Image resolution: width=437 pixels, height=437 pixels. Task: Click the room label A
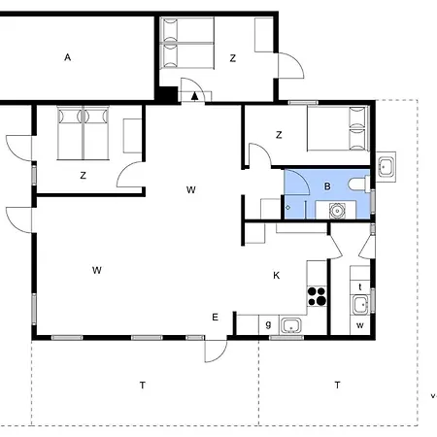tap(67, 57)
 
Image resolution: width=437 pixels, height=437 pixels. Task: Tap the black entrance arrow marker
tap(194, 96)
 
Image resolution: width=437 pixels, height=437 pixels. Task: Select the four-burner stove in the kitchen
tap(317, 296)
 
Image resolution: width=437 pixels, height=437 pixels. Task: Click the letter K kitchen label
tap(277, 276)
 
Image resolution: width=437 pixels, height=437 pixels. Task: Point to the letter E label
tap(215, 318)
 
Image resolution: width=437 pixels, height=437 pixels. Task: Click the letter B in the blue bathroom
tap(327, 186)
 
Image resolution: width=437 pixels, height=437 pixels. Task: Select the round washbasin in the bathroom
tap(337, 211)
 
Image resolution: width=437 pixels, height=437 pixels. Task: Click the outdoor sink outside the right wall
tap(386, 167)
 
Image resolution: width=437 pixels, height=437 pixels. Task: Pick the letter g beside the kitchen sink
tap(268, 324)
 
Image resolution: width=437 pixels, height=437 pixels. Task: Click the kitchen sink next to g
tap(291, 325)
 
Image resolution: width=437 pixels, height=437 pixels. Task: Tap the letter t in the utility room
tap(360, 286)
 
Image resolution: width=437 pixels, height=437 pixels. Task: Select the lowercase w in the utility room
tap(360, 325)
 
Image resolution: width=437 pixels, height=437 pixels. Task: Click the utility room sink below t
tap(360, 305)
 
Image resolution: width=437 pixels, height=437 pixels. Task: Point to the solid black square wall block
tap(167, 94)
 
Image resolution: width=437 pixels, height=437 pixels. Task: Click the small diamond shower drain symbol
tap(287, 208)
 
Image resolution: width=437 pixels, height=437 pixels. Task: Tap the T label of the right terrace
tap(337, 385)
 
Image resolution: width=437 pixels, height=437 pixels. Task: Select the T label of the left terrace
tap(143, 385)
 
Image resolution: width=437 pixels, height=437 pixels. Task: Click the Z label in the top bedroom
tap(233, 58)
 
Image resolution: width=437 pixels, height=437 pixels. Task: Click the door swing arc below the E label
tap(219, 354)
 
